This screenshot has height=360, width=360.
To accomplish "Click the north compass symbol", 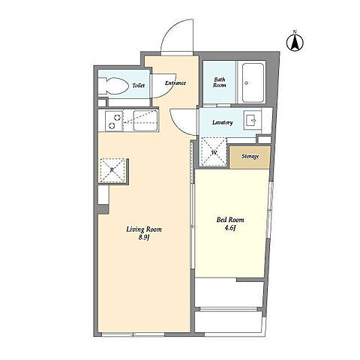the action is click(x=295, y=42).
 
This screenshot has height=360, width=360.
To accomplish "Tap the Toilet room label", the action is click(x=139, y=85).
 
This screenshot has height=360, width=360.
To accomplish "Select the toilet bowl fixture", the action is click(x=112, y=85).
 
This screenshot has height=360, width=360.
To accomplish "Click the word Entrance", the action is click(x=175, y=83).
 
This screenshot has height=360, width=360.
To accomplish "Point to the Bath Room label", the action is click(x=220, y=82).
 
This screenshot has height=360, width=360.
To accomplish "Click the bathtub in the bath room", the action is click(x=253, y=82).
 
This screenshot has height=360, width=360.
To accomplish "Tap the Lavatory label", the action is click(x=223, y=122).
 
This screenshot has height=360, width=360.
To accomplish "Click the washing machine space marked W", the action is click(x=214, y=151).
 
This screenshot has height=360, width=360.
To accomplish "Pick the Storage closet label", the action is click(x=250, y=157).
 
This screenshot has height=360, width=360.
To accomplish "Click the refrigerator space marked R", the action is click(x=112, y=170).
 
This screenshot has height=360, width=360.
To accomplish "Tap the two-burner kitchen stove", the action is click(x=114, y=121).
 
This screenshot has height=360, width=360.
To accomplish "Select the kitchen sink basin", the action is click(x=145, y=121).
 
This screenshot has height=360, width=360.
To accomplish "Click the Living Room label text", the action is click(x=144, y=229).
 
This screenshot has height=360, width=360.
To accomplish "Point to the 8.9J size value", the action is click(x=144, y=238).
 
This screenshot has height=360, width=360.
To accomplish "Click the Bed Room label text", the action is click(x=230, y=220).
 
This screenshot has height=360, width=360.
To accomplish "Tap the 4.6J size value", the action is click(x=230, y=228).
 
